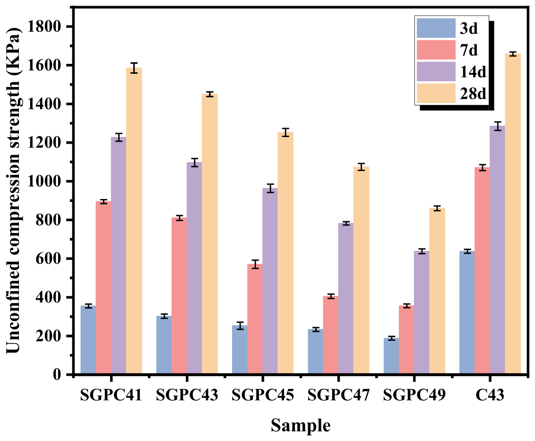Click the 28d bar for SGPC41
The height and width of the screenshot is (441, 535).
(x=134, y=220)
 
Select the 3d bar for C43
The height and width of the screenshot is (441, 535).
(x=467, y=312)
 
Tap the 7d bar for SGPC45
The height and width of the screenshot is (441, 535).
(x=255, y=319)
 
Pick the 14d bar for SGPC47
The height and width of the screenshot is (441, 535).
(x=346, y=298)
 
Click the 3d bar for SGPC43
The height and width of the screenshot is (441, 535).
(x=164, y=345)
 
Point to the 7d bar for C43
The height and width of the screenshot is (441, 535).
(x=483, y=270)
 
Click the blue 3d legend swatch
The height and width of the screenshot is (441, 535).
(x=436, y=28)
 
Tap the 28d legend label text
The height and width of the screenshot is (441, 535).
(x=473, y=94)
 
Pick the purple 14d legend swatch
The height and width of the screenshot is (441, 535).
(x=436, y=71)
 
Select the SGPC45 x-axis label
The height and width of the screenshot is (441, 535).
(x=263, y=395)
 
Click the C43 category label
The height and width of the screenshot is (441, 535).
(x=490, y=395)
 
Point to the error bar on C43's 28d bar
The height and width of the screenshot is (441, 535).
(x=513, y=54)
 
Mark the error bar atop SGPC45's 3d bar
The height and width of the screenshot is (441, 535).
(x=240, y=326)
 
